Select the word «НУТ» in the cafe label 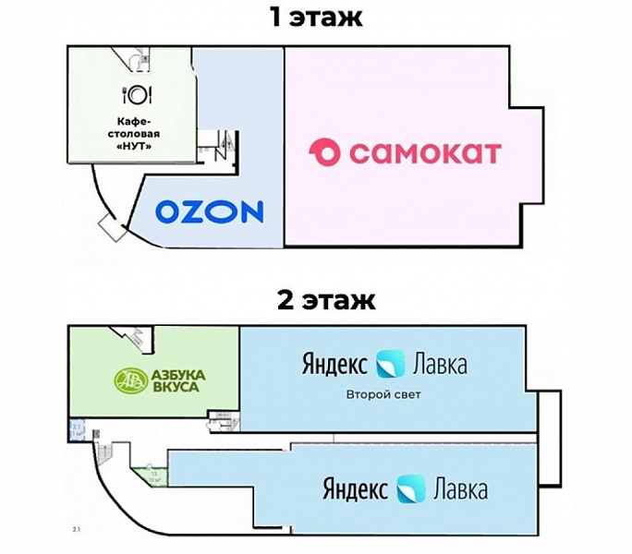(x=136, y=146)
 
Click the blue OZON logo (x=208, y=211)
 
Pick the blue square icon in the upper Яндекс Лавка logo (x=390, y=364)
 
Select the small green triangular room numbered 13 (x=148, y=476)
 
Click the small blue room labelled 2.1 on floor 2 (x=78, y=428)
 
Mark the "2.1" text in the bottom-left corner (x=77, y=529)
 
